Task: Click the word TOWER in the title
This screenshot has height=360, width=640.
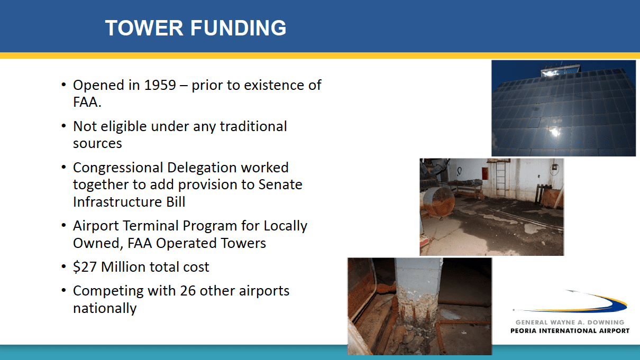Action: coord(144,28)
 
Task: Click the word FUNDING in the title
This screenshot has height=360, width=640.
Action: coord(239,28)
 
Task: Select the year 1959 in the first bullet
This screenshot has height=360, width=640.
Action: coord(160,85)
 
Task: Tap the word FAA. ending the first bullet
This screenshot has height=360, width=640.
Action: coord(87,102)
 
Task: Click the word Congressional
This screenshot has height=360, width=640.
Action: coord(118,168)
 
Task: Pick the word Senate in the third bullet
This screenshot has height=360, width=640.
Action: coord(280,184)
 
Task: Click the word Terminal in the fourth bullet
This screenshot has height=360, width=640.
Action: coord(151,226)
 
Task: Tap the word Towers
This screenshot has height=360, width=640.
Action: coord(243,243)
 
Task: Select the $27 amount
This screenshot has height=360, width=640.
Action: coord(85,267)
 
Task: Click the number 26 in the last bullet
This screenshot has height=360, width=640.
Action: coord(188,291)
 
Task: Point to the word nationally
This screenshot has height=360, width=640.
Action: coord(105,309)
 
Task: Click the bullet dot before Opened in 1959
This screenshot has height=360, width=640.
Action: coord(63,85)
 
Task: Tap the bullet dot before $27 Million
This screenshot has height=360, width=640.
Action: coord(63,266)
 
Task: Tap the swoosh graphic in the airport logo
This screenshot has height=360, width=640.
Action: coord(570,302)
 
